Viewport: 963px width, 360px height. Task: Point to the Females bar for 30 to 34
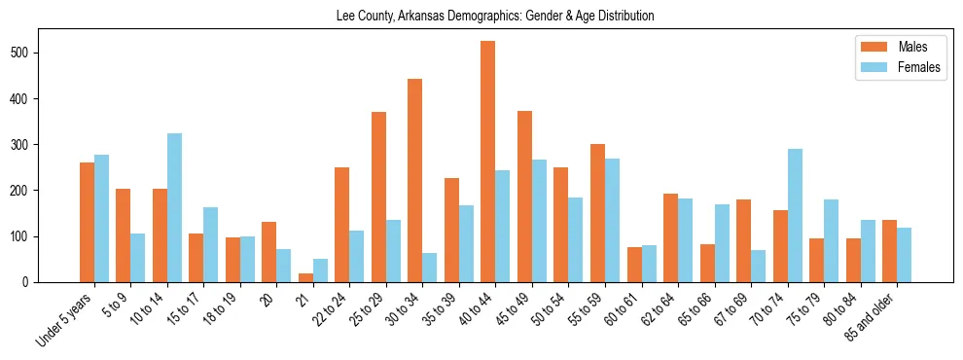click(430, 268)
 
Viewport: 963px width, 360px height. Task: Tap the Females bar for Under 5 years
click(101, 219)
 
